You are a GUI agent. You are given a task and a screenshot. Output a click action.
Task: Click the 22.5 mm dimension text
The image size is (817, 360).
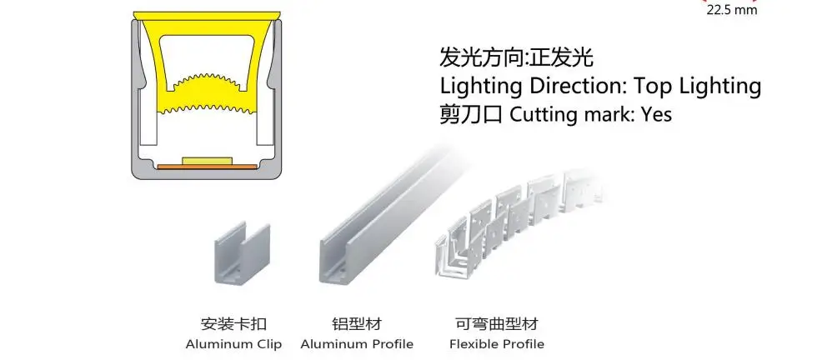731,12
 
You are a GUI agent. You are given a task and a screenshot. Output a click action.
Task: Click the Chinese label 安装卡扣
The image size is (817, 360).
234,323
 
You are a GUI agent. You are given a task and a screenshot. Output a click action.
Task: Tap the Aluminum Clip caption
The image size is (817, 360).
234,343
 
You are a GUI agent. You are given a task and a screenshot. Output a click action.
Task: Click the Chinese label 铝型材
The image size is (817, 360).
357,323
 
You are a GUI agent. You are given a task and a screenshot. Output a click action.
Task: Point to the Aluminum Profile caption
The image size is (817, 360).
357,343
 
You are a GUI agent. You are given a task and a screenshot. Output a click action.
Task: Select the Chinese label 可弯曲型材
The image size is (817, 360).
497,323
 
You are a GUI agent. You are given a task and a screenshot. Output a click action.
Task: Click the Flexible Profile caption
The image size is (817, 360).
497,343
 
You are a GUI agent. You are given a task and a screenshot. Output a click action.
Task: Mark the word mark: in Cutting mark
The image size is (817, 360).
609,114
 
